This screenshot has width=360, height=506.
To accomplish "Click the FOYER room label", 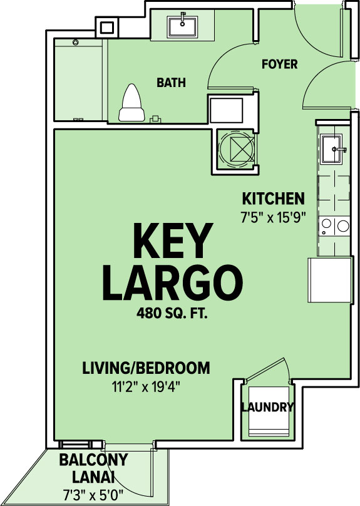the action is click(279, 65).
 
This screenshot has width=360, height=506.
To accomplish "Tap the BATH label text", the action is click(172, 83).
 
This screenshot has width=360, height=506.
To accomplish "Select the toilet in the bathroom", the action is click(131, 103).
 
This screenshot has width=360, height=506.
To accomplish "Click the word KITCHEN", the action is click(273, 199).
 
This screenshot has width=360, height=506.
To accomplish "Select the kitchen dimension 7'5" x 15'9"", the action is click(273, 217).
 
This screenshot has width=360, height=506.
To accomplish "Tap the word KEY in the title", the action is click(173, 240).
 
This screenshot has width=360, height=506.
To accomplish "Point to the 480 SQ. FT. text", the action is click(172, 313).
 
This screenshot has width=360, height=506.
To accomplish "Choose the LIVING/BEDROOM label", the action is click(146, 368).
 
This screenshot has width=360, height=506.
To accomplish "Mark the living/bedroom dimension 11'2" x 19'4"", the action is click(146, 386).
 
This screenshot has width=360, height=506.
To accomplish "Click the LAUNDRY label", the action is click(267, 407).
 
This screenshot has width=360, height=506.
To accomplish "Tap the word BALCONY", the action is click(93, 460).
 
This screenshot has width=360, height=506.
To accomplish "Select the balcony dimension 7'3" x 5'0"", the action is click(93, 495).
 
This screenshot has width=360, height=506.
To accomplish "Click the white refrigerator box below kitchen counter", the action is click(329, 279).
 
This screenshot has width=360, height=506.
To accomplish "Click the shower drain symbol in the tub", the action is click(76, 43).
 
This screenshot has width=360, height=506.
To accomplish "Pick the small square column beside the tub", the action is click(107, 28).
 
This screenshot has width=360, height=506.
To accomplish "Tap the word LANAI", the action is click(93, 477).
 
